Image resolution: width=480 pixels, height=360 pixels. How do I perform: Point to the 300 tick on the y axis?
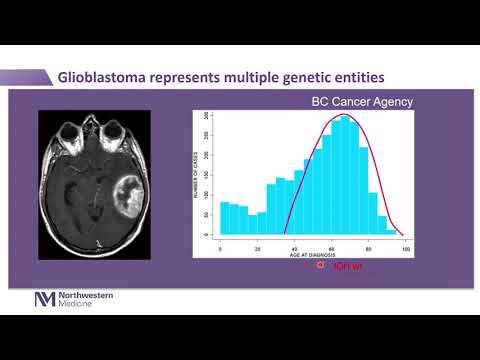pos(205,117)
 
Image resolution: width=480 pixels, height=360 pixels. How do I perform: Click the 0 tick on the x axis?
pos(220,245)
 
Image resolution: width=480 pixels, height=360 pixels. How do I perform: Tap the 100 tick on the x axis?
pos(404,245)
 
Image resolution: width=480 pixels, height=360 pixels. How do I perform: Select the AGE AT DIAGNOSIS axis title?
pos(311,254)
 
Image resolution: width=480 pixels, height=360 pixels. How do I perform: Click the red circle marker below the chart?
pos(321,266)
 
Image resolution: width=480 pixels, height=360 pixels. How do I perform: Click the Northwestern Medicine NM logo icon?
pos(45,299)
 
